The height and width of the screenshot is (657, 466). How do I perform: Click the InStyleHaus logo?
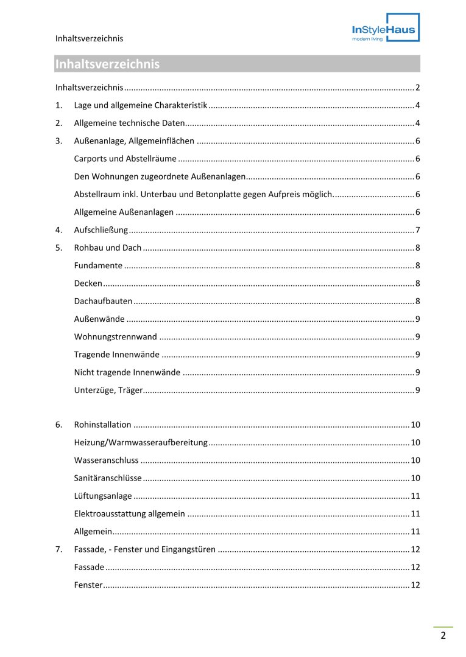pos(386,27)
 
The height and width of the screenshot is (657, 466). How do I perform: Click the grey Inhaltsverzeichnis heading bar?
pos(236,64)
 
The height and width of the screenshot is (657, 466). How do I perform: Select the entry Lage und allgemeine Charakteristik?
pos(140,106)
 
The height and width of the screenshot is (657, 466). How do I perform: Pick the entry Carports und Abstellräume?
pos(125,159)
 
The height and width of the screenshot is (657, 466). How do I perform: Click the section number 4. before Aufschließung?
pos(58,231)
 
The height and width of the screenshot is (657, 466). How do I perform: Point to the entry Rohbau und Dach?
pos(107,248)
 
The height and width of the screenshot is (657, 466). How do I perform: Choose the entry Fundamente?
pos(98,266)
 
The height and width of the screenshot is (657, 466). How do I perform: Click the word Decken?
pos(88,283)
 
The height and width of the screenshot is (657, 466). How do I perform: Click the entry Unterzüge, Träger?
pos(108,390)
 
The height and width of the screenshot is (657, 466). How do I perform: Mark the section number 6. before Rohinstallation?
pos(58,425)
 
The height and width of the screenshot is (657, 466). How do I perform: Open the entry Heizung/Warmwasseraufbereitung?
pos(141,443)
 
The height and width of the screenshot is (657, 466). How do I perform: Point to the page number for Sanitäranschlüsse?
pos(415,478)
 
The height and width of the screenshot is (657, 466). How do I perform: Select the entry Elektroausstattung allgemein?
pos(129,514)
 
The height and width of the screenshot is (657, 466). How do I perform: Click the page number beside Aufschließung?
pos(417,231)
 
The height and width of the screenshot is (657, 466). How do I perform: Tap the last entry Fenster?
pos(88,585)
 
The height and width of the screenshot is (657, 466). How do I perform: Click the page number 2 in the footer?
pos(443,636)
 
